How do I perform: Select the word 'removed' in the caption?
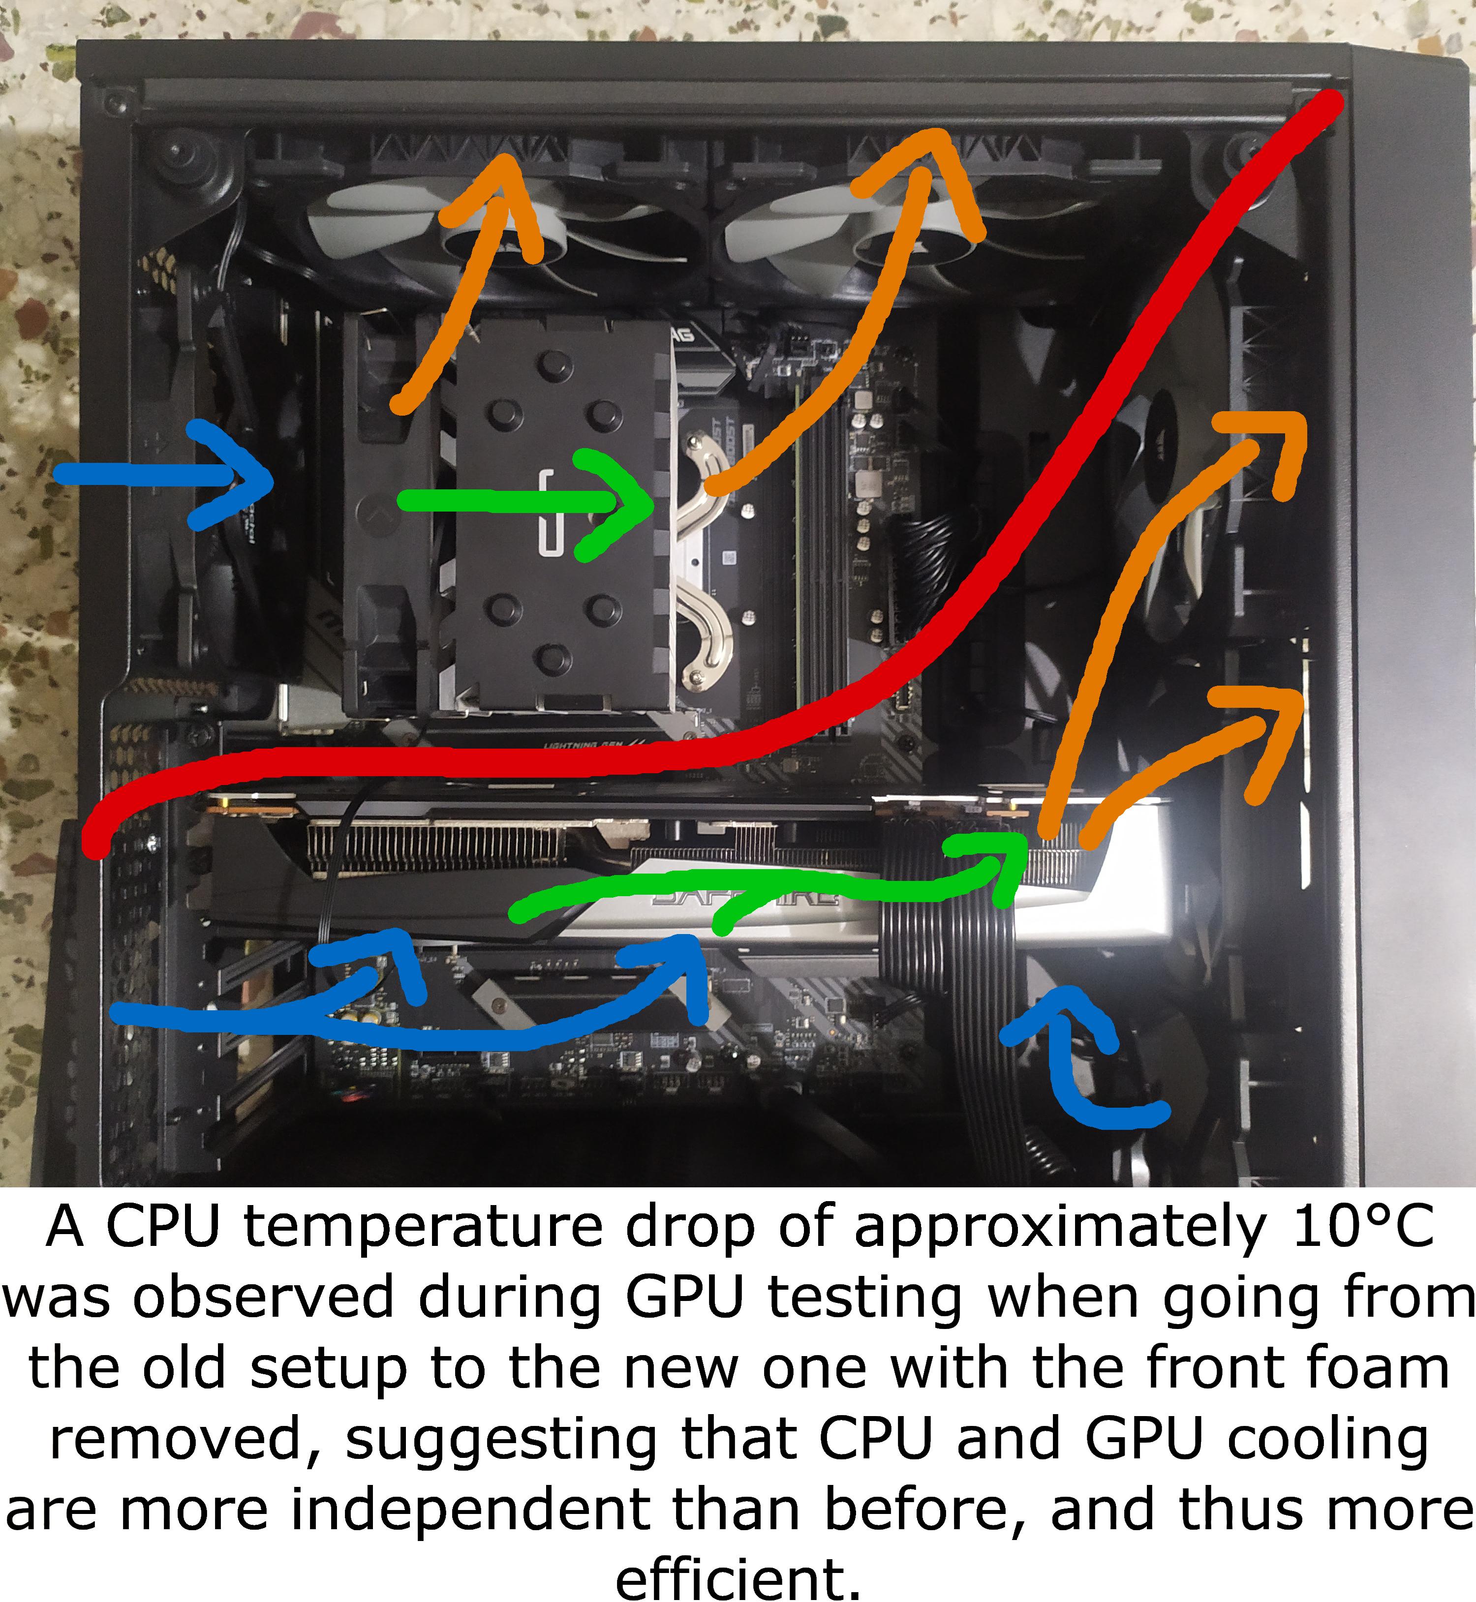coord(180,1442)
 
